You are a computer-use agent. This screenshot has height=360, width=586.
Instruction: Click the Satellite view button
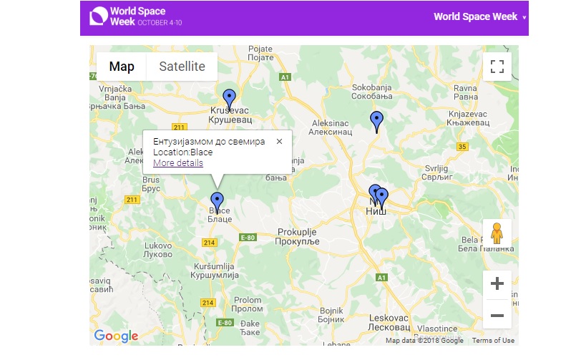[x=182, y=67]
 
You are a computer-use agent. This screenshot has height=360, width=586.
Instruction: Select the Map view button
[x=122, y=67]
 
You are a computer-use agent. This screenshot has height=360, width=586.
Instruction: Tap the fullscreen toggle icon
[x=497, y=67]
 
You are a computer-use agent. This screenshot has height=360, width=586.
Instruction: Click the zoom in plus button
[x=497, y=283]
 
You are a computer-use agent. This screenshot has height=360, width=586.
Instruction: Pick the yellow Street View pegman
[x=497, y=233]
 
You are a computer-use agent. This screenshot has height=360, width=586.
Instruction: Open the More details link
[x=178, y=163]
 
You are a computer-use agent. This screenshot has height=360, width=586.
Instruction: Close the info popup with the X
[x=279, y=141]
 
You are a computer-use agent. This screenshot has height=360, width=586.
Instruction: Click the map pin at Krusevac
[x=229, y=99]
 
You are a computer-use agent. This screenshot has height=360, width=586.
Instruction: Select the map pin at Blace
[x=217, y=202]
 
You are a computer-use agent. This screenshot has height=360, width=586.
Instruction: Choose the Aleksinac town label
[x=330, y=127]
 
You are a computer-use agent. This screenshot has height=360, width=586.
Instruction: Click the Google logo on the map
[x=116, y=336]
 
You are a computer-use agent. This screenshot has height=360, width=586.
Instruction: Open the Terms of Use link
[x=493, y=341]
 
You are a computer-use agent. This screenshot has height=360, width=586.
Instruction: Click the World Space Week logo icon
[x=97, y=16]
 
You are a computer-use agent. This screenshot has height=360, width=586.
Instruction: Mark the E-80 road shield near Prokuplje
[x=247, y=237]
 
